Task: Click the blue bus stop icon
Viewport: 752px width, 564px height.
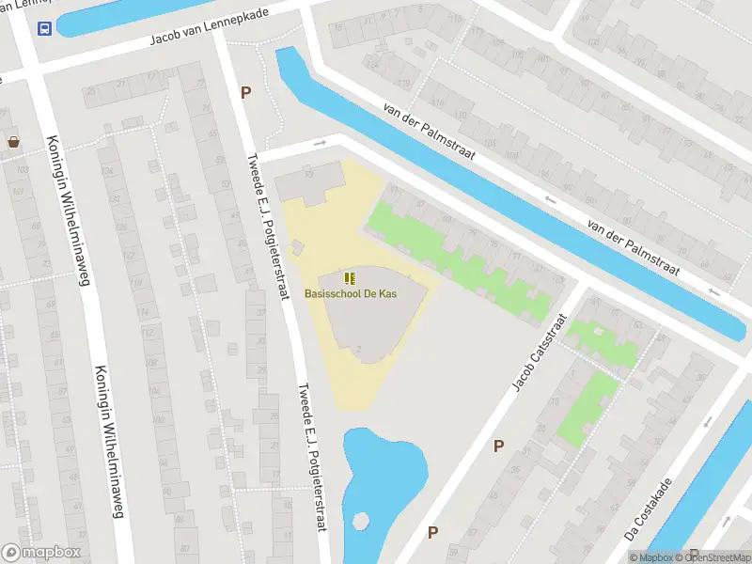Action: click(44, 28)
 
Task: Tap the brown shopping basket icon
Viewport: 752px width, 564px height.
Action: click(14, 143)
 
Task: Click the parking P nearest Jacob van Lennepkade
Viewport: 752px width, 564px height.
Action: click(246, 92)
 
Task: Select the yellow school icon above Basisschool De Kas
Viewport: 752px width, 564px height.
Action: click(350, 277)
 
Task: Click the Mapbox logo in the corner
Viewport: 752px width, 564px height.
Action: click(41, 553)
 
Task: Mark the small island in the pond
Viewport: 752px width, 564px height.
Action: click(358, 520)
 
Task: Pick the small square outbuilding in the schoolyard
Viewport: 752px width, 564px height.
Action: click(297, 246)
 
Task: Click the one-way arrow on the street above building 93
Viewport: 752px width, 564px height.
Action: click(320, 143)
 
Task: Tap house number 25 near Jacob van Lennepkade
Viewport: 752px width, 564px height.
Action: click(92, 91)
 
